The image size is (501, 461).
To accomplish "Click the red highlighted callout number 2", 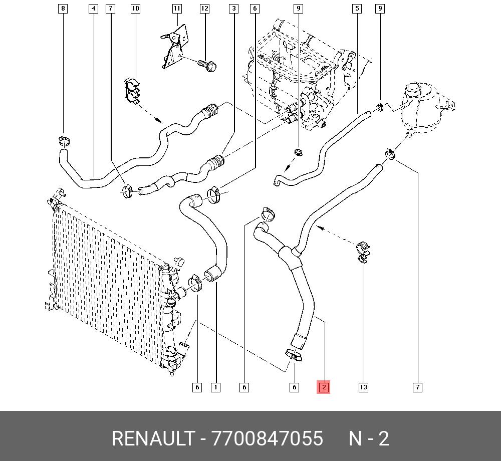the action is point(323,387).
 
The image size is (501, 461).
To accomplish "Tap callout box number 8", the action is point(63,9).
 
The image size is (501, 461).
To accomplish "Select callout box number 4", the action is point(93,9).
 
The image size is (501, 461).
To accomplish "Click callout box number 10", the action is point(135,9).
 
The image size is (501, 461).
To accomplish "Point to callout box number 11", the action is point(177,9).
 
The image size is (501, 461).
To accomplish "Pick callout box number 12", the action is point(204,9).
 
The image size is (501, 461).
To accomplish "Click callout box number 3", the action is point(234,9).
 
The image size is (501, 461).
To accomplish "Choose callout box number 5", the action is point(357,9).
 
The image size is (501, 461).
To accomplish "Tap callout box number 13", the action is point(363,387).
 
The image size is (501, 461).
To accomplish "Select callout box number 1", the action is point(215,387).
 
